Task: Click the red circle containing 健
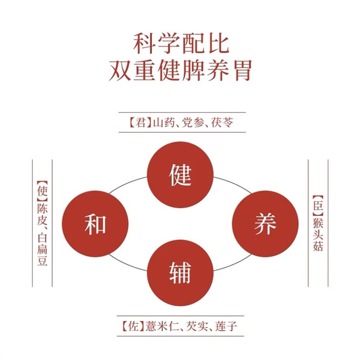point(180,175)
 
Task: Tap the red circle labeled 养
point(265,224)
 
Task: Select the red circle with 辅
point(180,272)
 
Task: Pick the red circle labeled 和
point(95,224)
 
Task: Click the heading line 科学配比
point(181,44)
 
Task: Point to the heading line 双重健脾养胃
point(180,70)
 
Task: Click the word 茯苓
point(222,122)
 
